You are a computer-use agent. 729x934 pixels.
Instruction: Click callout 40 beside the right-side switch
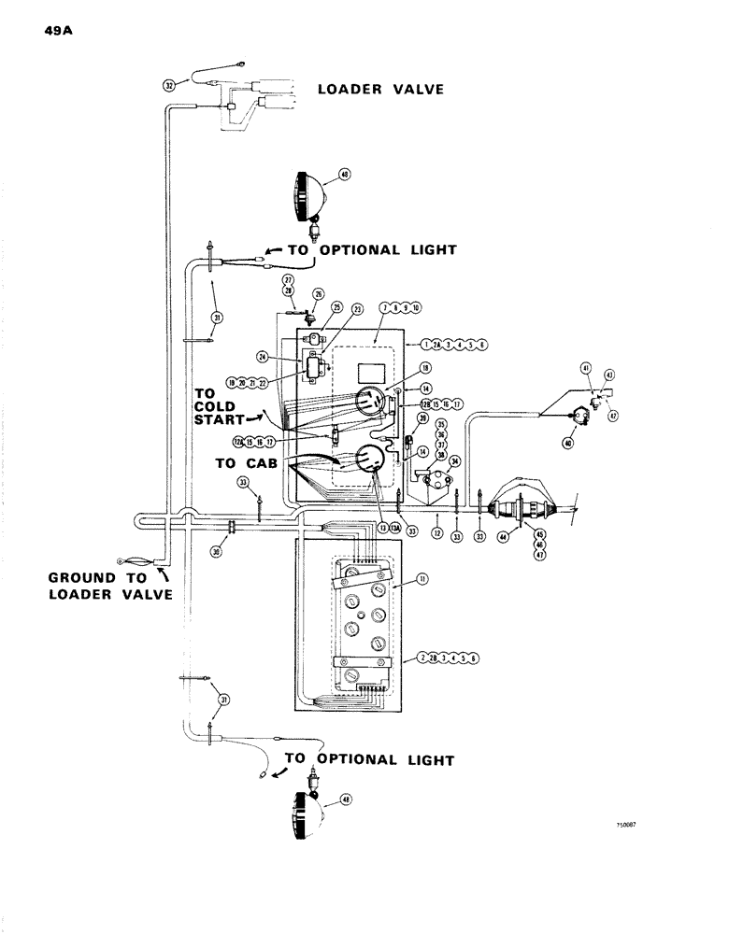[567, 444]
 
